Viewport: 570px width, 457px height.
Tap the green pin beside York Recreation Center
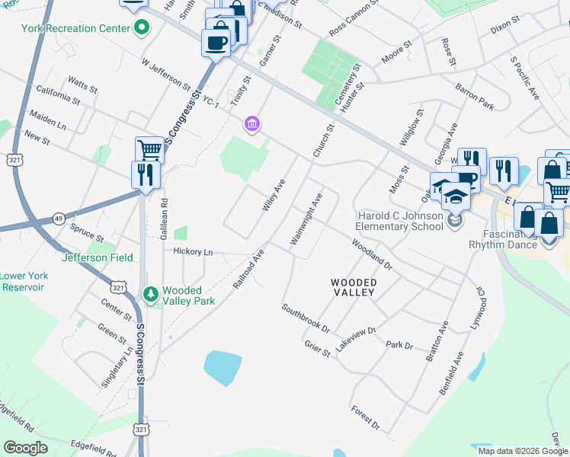point(141,29)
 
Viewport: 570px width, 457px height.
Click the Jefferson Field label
point(97,258)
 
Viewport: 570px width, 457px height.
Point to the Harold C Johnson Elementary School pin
point(456,221)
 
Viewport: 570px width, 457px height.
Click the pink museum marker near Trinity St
point(251,123)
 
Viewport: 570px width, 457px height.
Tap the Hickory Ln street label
point(192,251)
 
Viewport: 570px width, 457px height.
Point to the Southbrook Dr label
point(305,319)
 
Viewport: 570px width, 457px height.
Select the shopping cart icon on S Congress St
point(149,149)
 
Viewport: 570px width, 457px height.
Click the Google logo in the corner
point(25,448)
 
